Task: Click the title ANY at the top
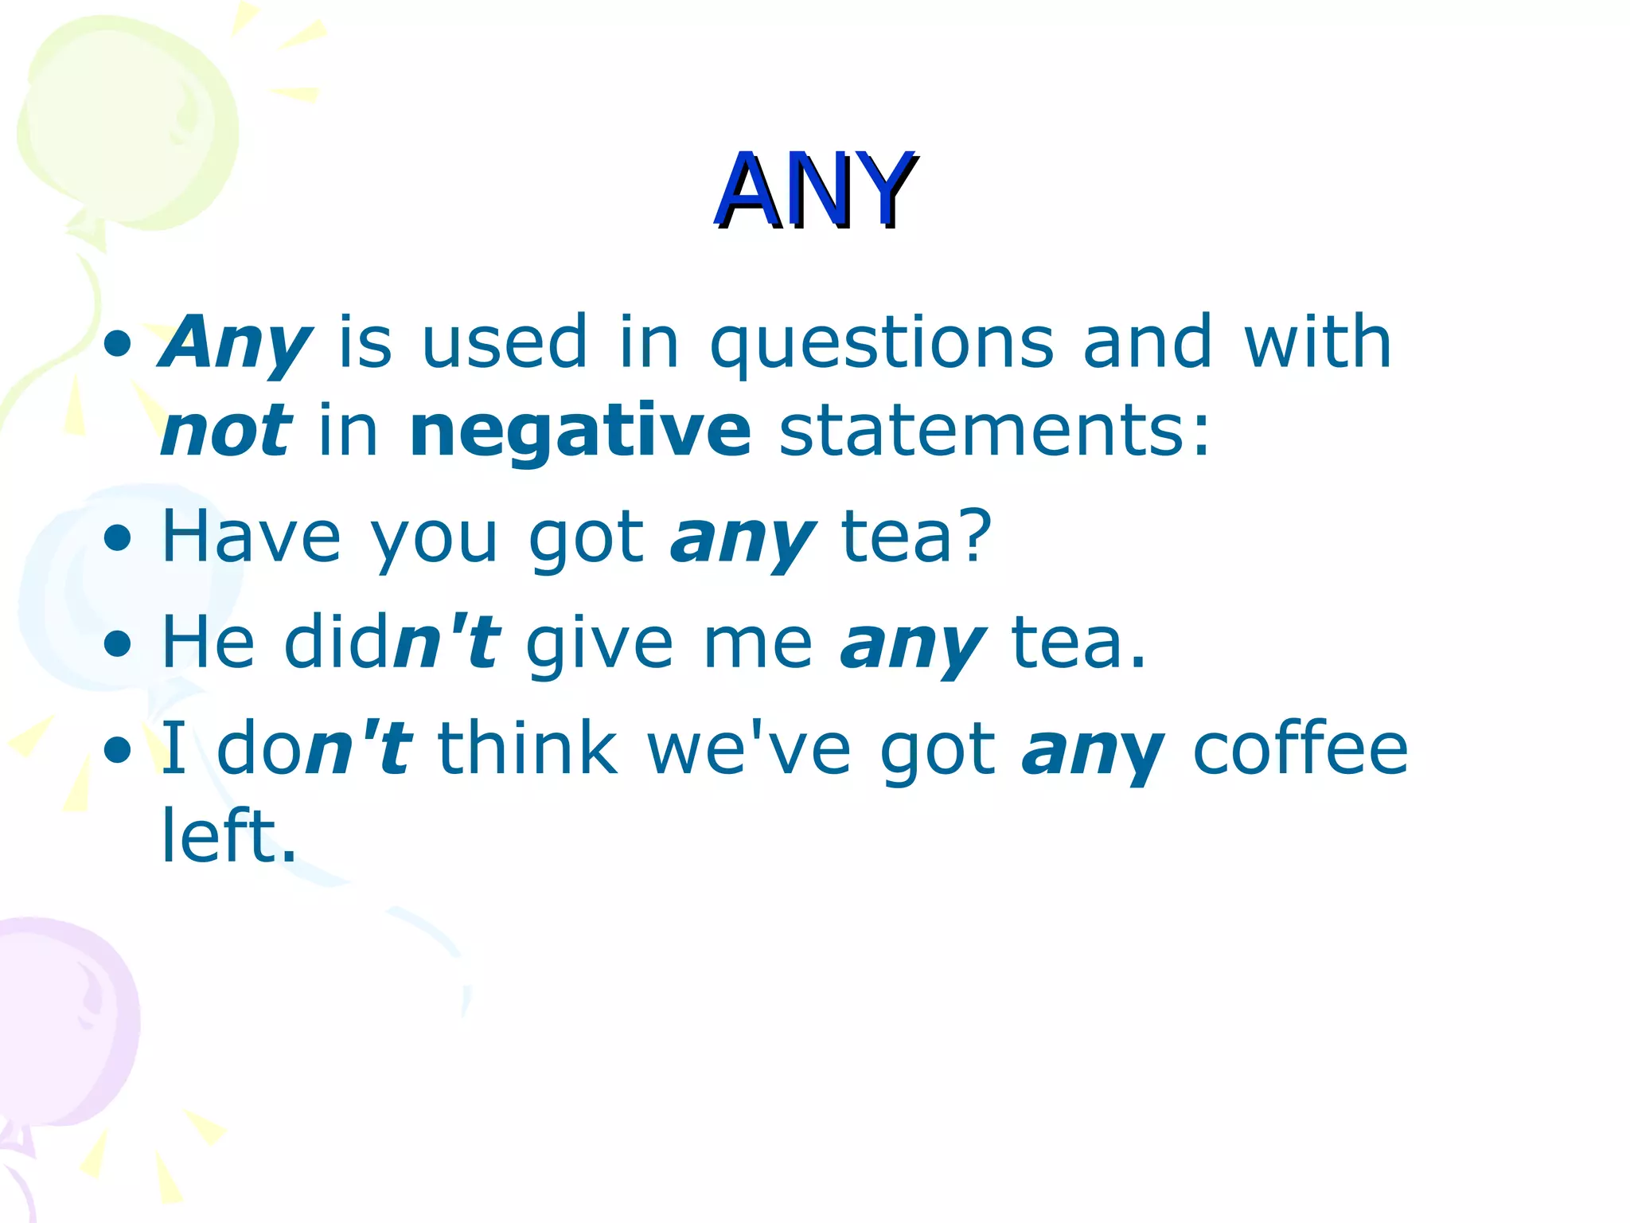point(815,191)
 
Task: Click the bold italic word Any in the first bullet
point(236,344)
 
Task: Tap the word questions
point(882,344)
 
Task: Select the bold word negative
point(580,432)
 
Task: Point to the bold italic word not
point(227,432)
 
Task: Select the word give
point(599,643)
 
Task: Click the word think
point(528,748)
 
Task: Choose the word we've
point(749,748)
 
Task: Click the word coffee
point(1300,748)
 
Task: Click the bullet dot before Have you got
point(118,539)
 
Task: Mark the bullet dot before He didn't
point(118,644)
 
